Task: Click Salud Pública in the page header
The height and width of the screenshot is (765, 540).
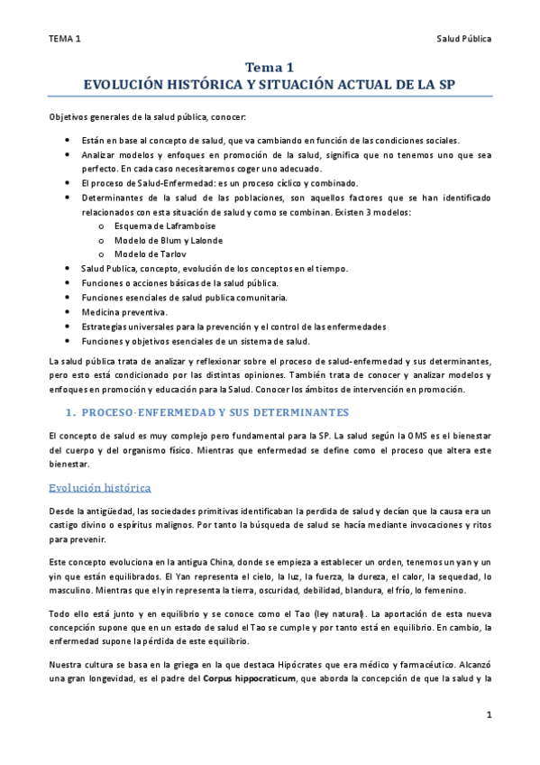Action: point(464,39)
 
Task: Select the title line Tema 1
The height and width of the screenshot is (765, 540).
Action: point(270,68)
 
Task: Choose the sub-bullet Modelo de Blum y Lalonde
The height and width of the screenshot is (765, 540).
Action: point(169,241)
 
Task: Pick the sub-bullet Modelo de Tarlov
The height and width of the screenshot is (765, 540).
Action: point(150,255)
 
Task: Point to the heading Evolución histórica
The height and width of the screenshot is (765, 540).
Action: point(100,488)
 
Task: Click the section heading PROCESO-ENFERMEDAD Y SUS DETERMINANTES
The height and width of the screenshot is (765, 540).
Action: point(220,412)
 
